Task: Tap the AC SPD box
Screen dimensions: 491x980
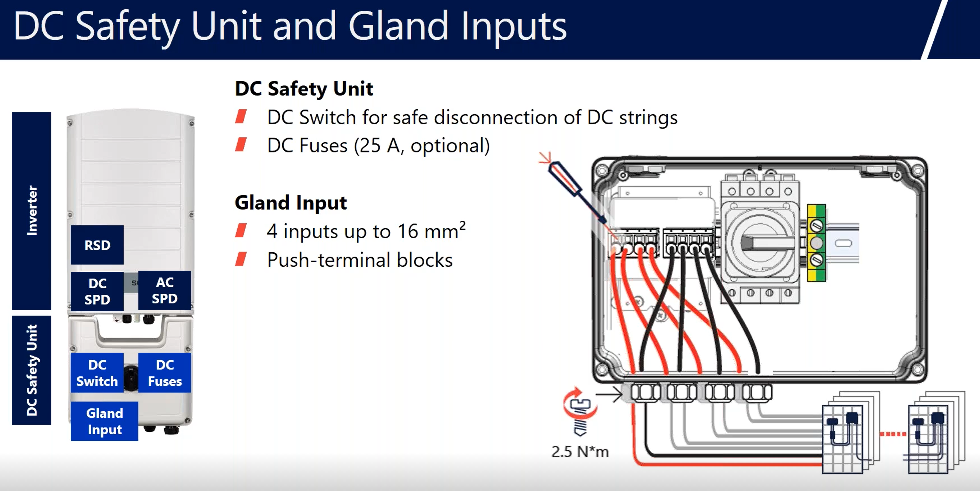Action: (x=164, y=291)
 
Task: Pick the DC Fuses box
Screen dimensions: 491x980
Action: (x=164, y=373)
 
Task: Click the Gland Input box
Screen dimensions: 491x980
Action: (x=104, y=421)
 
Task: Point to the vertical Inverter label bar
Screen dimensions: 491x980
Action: (x=31, y=210)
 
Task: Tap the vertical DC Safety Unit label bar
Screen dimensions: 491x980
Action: (x=31, y=370)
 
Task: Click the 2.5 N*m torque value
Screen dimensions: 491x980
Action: (x=580, y=452)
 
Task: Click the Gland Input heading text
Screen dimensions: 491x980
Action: (x=291, y=203)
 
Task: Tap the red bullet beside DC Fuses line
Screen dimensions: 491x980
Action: (x=241, y=145)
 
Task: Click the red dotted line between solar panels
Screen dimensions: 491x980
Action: (x=893, y=433)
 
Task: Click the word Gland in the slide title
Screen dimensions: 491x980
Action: (x=398, y=27)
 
